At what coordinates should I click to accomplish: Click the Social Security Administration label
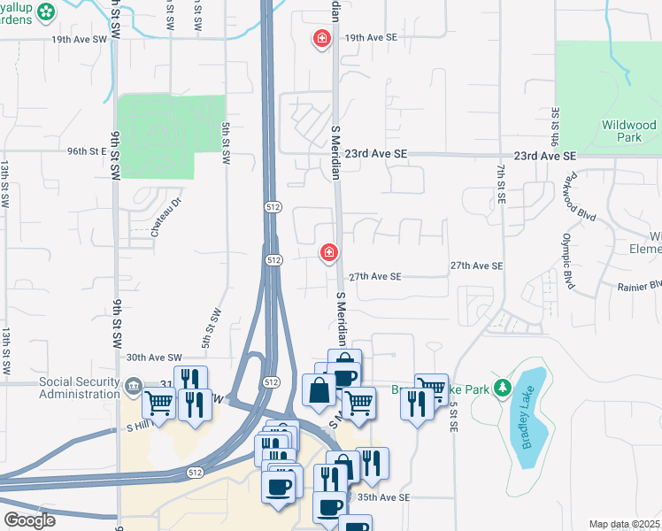click(x=79, y=388)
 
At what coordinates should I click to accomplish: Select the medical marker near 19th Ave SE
click(x=321, y=38)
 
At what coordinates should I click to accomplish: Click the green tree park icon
click(x=503, y=388)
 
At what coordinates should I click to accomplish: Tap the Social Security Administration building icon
click(x=133, y=385)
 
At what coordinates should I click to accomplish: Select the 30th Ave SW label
click(x=153, y=358)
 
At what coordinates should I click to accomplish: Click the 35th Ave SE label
click(x=383, y=497)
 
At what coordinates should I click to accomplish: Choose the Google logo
click(x=29, y=520)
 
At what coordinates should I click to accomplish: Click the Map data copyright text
click(x=624, y=524)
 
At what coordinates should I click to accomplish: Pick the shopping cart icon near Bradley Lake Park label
click(x=431, y=388)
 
